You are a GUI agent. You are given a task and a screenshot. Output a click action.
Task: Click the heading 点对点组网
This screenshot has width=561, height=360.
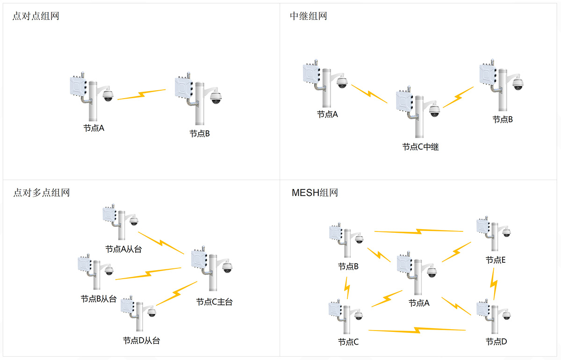36,16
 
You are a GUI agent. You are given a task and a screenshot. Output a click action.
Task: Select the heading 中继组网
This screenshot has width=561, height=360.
309,16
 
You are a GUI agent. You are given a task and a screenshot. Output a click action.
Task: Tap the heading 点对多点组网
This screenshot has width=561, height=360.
41,192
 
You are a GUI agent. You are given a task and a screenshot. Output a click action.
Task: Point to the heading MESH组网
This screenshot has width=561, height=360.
314,192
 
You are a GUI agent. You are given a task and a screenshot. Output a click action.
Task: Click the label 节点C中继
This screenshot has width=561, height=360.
420,147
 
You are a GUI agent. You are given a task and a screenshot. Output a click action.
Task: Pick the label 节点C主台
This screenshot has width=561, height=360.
214,302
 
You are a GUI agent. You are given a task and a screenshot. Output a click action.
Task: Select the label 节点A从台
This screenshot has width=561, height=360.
123,249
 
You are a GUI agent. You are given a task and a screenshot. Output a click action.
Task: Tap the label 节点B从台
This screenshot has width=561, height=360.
99,299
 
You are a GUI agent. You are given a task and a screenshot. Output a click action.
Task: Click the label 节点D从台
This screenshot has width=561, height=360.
141,340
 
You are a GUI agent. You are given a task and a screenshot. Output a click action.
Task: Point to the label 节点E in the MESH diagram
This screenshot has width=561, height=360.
496,260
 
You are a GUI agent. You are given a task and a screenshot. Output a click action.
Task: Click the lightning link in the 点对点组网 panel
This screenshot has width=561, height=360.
142,94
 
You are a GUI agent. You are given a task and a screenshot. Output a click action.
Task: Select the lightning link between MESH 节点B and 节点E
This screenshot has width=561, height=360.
418,231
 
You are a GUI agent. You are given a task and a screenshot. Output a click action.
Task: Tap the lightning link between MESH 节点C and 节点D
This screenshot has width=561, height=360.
417,330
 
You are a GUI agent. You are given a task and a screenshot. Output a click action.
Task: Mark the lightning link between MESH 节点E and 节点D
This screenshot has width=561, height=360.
494,283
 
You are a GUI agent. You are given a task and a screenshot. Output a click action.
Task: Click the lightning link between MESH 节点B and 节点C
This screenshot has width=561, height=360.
347,288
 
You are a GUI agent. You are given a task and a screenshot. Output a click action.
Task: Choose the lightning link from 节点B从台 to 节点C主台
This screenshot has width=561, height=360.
148,274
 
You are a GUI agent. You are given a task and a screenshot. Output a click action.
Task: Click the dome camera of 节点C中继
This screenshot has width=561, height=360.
435,110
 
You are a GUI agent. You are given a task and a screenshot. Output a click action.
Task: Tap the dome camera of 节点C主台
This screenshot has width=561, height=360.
227,267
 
